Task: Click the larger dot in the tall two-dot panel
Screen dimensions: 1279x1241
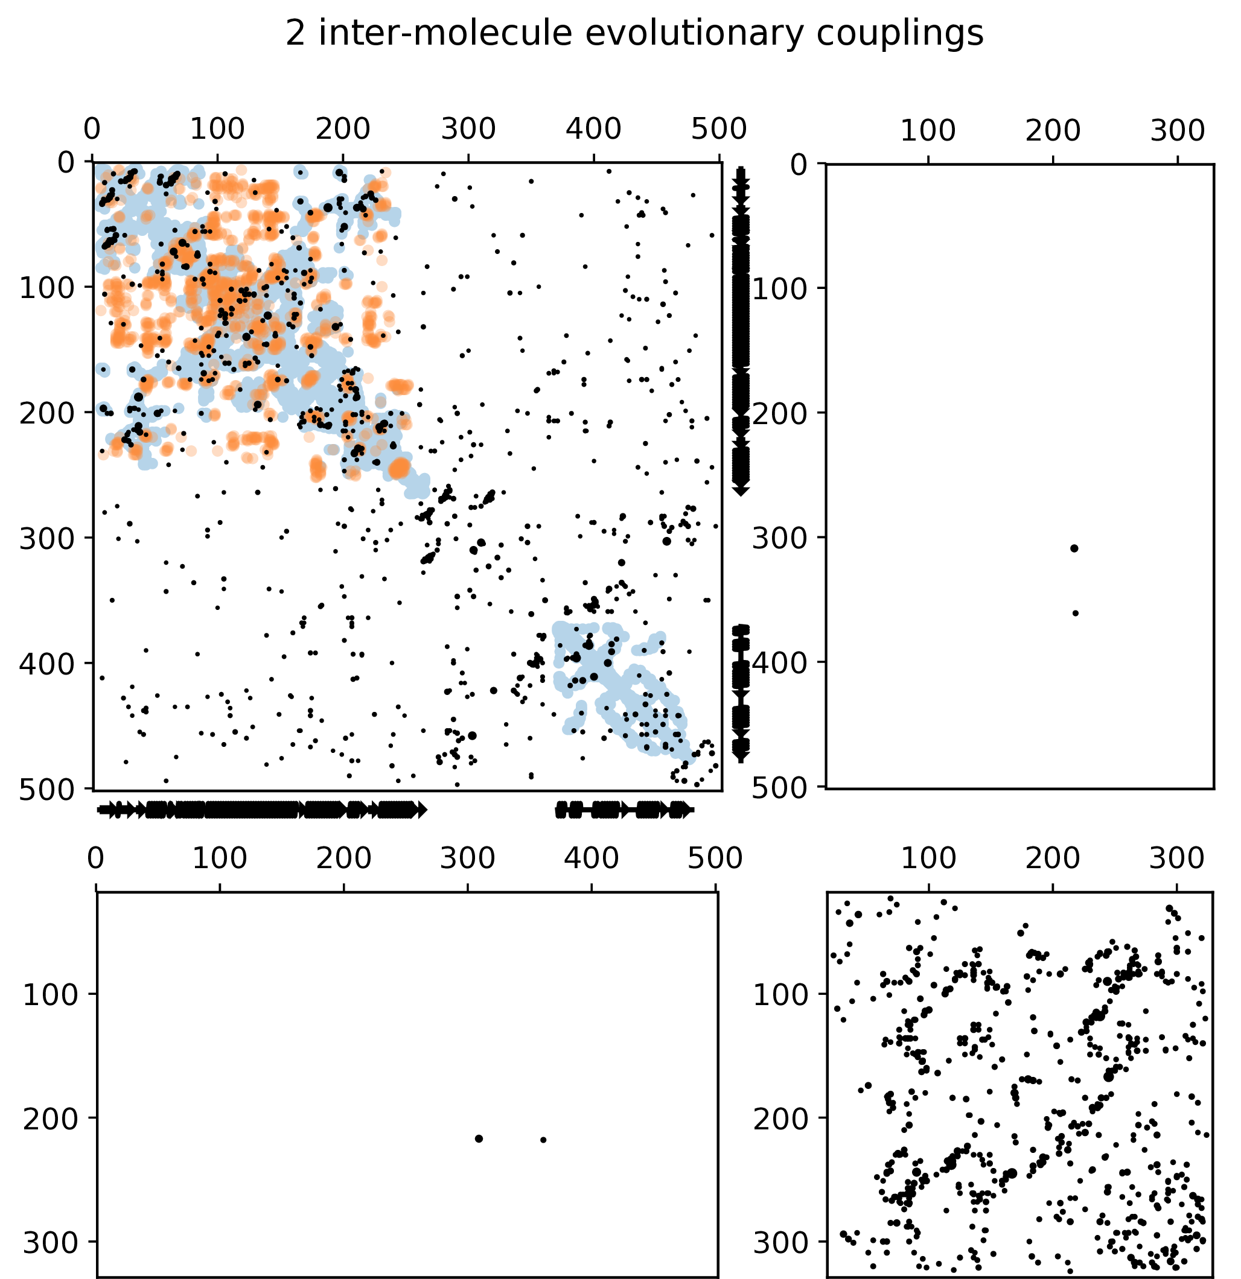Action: point(1074,548)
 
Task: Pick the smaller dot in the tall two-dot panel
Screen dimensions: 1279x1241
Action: point(1075,614)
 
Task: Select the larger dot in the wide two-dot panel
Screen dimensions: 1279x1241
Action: point(479,1138)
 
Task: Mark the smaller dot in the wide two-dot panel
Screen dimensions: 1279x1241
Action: point(543,1140)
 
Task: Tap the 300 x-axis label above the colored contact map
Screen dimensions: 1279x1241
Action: point(468,129)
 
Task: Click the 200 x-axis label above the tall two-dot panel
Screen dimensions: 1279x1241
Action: point(1052,131)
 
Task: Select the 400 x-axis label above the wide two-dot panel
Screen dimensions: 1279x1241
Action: point(592,858)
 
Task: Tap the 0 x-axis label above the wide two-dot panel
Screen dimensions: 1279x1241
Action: point(95,858)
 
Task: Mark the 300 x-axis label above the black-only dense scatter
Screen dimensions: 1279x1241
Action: point(1176,858)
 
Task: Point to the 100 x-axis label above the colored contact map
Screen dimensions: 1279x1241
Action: point(217,129)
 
